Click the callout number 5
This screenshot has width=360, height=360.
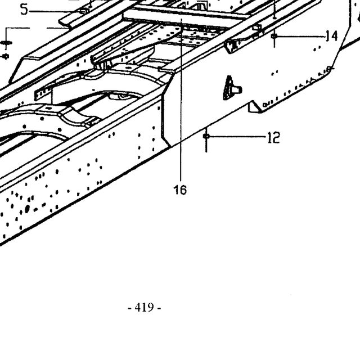click(24, 10)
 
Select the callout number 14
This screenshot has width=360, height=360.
click(332, 36)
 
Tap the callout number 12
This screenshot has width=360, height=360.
click(274, 137)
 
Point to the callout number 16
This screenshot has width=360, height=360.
click(180, 190)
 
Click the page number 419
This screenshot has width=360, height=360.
click(144, 307)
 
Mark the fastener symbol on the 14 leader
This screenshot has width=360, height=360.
click(274, 36)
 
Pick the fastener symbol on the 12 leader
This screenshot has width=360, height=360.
click(206, 136)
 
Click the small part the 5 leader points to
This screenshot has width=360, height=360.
click(84, 11)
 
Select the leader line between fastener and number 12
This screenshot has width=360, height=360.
click(238, 136)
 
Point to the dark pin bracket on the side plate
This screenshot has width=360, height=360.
click(231, 88)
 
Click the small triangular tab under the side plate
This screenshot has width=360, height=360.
click(254, 107)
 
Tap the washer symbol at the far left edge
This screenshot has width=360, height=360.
click(6, 43)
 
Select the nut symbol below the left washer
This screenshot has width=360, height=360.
click(6, 56)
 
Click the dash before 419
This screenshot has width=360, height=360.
click(129, 308)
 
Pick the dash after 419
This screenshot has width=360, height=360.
click(159, 308)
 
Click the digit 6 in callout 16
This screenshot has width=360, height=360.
click(183, 190)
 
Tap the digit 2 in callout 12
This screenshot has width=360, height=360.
click(276, 137)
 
